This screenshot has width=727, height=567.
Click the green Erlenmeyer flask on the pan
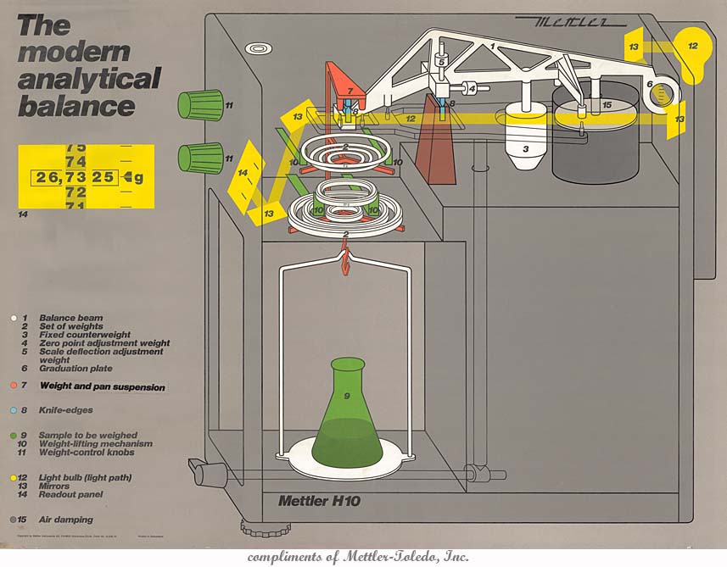tap(347, 424)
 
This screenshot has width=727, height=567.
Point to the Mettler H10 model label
tap(319, 501)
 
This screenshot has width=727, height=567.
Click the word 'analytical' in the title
tap(88, 79)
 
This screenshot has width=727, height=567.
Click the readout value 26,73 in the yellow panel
tap(62, 178)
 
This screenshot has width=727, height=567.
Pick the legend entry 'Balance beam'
tap(71, 318)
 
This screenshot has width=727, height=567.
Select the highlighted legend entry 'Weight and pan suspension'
tap(102, 386)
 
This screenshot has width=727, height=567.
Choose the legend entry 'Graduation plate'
tap(75, 369)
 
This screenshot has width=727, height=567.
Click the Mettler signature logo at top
tap(565, 20)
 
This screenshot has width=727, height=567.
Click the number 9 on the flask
tap(346, 396)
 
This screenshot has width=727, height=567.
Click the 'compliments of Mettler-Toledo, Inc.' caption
tap(358, 557)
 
